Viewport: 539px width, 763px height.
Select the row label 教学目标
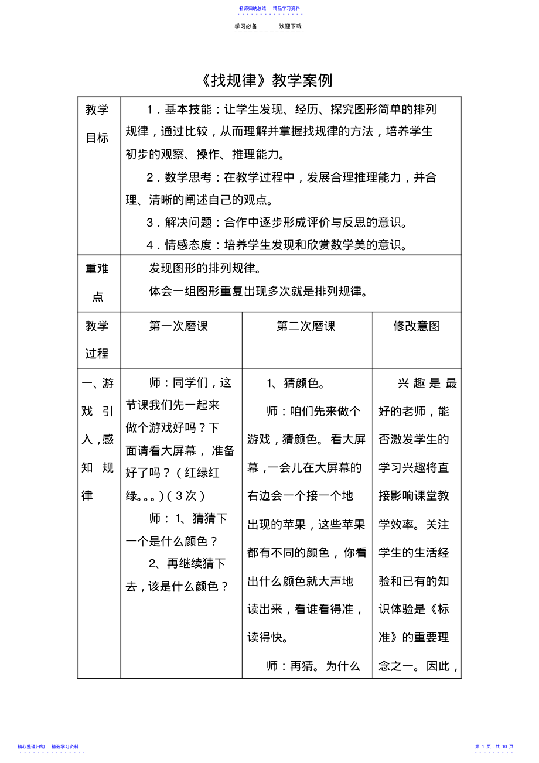(97, 124)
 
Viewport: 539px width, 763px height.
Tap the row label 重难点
(97, 282)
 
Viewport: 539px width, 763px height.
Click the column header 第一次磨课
(179, 326)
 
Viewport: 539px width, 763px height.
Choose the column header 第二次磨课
(306, 326)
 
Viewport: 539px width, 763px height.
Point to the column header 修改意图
(417, 326)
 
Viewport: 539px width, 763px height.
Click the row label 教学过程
(97, 340)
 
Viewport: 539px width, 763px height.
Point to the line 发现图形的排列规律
(204, 268)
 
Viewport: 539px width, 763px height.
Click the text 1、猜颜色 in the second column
(292, 384)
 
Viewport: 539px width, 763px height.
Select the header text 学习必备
(245, 26)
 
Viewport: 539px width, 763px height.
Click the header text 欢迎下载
(290, 26)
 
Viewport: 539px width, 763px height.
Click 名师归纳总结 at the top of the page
(253, 8)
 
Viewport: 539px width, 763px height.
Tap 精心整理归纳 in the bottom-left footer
(32, 747)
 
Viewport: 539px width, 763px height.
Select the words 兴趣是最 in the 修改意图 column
(427, 384)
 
